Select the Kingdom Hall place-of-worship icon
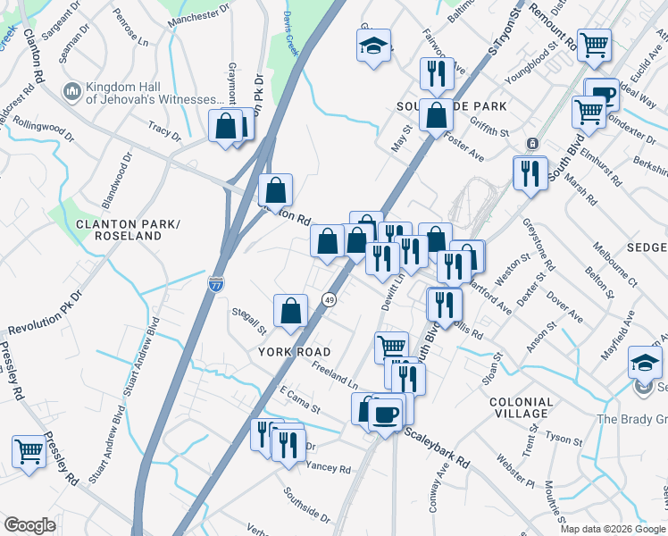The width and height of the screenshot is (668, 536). (x=71, y=92)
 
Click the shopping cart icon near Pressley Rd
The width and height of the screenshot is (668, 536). (x=29, y=451)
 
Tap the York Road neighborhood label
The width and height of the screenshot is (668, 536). (x=295, y=352)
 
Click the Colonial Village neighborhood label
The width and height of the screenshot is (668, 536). (x=521, y=407)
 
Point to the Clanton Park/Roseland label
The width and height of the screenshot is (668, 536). (x=119, y=230)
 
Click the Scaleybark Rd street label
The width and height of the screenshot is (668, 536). (x=437, y=448)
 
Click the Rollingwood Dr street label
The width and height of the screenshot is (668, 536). (x=43, y=128)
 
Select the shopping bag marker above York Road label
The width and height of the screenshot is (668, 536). (x=291, y=311)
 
